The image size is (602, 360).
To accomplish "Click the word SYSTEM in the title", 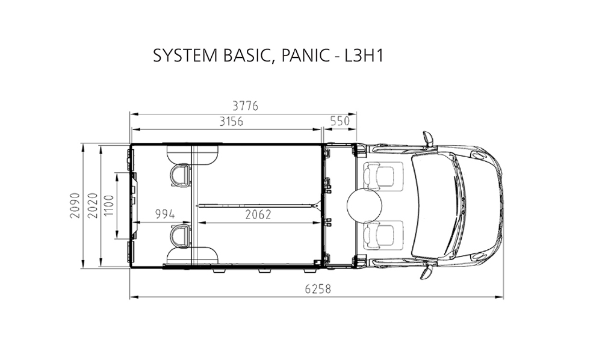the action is [x=185, y=56].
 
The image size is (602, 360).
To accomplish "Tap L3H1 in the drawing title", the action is [x=364, y=56].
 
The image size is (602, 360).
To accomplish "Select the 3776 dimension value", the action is [x=246, y=106].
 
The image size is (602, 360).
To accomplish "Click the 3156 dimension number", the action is [x=231, y=121].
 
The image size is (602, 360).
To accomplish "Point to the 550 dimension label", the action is [x=340, y=121].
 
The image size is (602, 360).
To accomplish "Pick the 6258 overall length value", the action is [x=318, y=288].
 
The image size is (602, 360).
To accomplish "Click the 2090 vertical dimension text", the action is [x=75, y=205].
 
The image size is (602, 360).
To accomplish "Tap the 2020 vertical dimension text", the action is [x=93, y=205].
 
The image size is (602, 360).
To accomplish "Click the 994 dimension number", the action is [x=165, y=214].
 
